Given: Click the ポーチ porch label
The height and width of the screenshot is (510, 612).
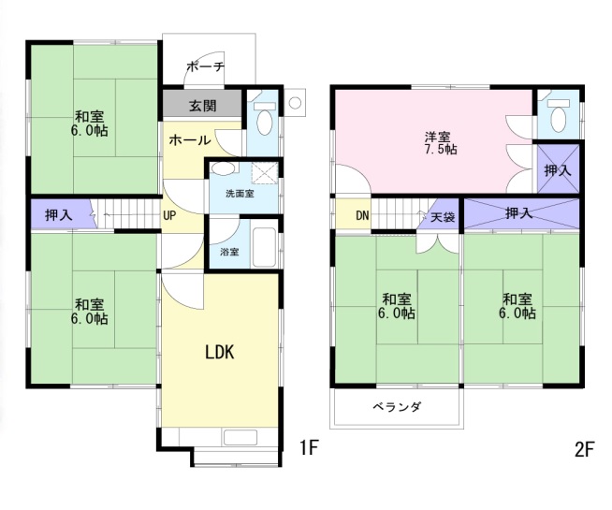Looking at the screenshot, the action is (x=206, y=66).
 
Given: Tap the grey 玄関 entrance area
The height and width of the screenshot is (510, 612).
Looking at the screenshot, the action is (x=202, y=104).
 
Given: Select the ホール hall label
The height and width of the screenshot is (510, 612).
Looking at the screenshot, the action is (x=190, y=139).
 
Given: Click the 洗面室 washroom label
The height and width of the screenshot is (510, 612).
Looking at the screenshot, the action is (x=240, y=194).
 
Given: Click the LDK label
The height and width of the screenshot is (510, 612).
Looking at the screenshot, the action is (x=220, y=353).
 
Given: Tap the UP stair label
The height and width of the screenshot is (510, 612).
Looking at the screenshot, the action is (x=169, y=215).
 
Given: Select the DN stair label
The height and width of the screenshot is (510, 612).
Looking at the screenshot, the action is (x=362, y=215).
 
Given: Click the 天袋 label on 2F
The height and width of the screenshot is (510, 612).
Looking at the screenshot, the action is (x=443, y=216).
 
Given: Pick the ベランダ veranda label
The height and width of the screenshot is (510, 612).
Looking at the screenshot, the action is (x=397, y=407).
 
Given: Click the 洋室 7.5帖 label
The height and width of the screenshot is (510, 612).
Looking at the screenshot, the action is (x=440, y=143).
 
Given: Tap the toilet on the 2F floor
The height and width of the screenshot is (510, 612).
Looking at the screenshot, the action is (x=558, y=114).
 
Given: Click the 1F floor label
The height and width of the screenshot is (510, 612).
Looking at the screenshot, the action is (x=309, y=447).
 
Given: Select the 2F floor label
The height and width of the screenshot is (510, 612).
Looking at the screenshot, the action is (x=584, y=449).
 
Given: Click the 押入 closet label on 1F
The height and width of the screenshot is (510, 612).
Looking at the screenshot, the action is (x=59, y=214).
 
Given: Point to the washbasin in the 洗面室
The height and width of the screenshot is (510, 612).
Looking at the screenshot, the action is (x=224, y=169).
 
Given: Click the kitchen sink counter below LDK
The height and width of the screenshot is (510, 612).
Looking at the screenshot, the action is (x=240, y=437).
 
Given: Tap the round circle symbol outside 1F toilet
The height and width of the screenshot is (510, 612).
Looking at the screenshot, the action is (x=296, y=103).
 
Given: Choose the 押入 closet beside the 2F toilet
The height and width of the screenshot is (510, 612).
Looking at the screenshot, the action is (x=559, y=169).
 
